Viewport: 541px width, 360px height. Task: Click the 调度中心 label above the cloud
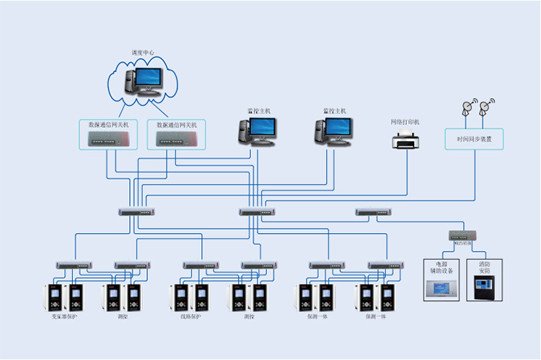coord(143,53)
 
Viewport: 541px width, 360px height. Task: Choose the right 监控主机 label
coord(334,111)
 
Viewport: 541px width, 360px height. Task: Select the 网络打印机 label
coord(405,122)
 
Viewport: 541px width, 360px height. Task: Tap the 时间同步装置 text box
coord(474,139)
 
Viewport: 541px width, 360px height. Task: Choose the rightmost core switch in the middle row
coord(374,212)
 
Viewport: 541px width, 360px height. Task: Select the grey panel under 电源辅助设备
coord(441,289)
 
